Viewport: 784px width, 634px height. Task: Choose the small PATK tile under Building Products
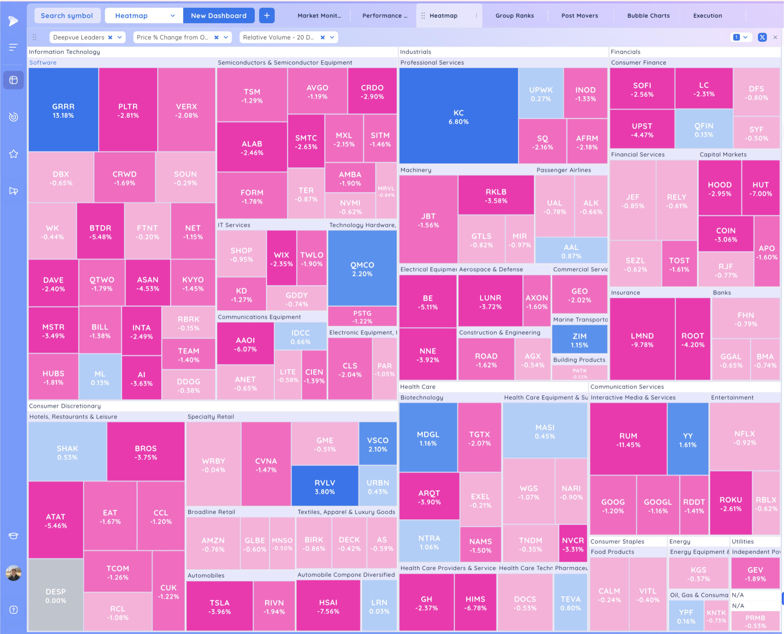tap(580, 372)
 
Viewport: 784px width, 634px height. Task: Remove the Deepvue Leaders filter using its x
tap(110, 37)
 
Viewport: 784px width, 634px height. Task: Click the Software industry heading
tap(43, 63)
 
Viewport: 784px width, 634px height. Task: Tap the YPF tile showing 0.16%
tap(686, 616)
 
